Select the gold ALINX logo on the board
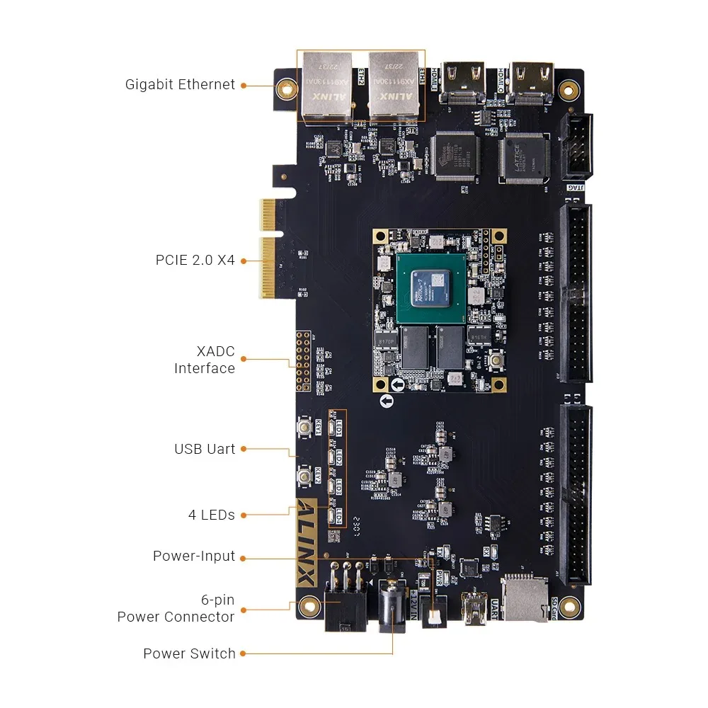[x=306, y=542]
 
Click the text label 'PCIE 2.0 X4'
[x=195, y=260]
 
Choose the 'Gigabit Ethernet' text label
[x=180, y=84]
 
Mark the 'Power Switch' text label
[x=189, y=653]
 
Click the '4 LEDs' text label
[x=211, y=515]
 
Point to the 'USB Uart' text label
[x=205, y=449]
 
